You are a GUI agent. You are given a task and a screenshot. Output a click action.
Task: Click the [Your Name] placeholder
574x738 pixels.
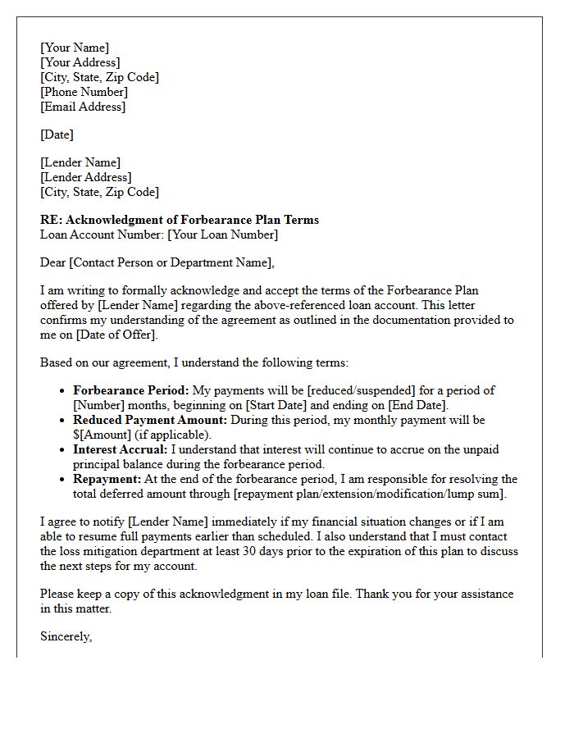(x=75, y=48)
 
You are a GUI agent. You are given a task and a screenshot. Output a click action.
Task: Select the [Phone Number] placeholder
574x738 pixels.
(x=83, y=92)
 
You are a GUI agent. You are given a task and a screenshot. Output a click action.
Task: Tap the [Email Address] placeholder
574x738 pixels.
(x=83, y=107)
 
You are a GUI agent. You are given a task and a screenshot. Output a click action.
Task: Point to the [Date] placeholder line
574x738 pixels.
(x=57, y=134)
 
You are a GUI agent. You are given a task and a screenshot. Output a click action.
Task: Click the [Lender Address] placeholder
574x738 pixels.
(x=85, y=177)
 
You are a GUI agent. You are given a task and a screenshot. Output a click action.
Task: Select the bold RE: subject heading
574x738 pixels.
(x=180, y=220)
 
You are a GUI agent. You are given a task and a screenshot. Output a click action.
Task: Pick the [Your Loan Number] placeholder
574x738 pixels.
(x=222, y=235)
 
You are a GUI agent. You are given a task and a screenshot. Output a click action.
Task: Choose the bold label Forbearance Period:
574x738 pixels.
(x=131, y=390)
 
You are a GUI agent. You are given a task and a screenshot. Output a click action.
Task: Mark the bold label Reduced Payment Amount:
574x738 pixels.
(x=151, y=420)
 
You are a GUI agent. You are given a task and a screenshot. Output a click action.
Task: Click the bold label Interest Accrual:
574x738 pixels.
(x=120, y=449)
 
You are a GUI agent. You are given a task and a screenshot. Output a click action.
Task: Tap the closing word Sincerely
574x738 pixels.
(x=66, y=636)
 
